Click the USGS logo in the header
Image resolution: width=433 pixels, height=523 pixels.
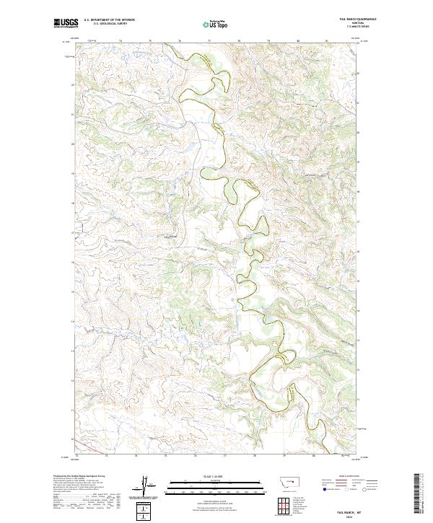pos(66,24)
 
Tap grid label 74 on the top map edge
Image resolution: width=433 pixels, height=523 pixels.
pos(121,40)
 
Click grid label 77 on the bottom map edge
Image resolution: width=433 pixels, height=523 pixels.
pos(225,456)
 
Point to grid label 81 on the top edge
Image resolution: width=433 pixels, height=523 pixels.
pos(327,40)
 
